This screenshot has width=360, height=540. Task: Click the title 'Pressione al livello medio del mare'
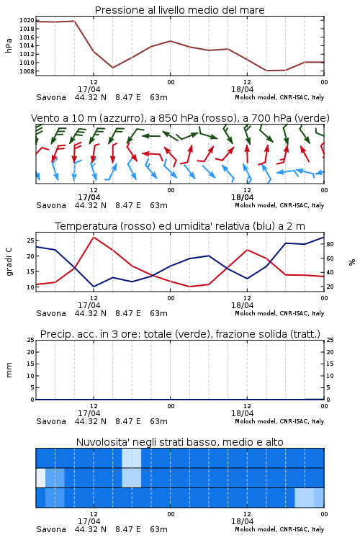pos(179,10)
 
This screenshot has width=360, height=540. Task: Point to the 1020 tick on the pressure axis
pos(27,20)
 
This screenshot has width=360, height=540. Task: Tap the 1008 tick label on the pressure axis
pos(27,71)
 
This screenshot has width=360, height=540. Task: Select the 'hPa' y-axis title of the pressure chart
pos(9,45)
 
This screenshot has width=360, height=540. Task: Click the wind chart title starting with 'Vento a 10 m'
pos(180,118)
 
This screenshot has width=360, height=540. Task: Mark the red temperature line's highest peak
pos(94,237)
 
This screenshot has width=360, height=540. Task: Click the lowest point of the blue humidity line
pos(94,287)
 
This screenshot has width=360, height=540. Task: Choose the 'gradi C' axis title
pos(9,262)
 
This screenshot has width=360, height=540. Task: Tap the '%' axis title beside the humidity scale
pos(352,262)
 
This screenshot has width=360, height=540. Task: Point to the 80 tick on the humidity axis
pos(330,244)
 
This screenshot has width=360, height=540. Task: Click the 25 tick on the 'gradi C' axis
pos(30,240)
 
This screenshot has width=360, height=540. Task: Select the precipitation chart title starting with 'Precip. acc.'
pos(180,334)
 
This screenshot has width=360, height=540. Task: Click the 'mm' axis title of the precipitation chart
pos(9,370)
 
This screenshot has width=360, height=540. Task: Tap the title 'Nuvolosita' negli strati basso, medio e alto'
pos(179,442)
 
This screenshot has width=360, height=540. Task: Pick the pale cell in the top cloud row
pos(131,458)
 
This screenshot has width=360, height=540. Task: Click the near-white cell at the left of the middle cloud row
pos(40,477)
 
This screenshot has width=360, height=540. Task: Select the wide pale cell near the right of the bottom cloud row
pos(304,498)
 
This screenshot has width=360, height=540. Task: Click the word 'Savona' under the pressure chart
pos(51,97)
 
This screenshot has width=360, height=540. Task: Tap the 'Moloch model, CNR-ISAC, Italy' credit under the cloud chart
pos(279,529)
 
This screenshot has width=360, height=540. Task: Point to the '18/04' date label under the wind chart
pos(242,197)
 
